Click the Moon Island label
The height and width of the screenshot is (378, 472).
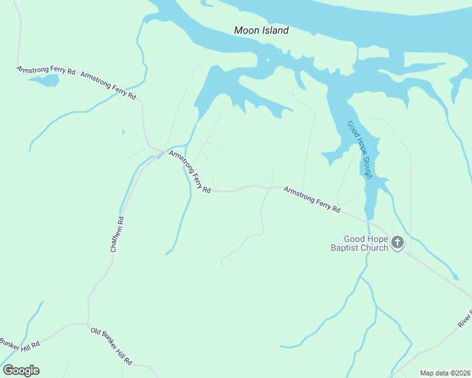click(261, 30)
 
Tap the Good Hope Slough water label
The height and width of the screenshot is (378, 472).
click(360, 150)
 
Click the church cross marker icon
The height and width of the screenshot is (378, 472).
click(398, 242)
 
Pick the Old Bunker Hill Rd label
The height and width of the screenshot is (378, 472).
click(111, 346)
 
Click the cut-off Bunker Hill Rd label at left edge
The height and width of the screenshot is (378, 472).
click(19, 344)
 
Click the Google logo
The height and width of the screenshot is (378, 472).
click(21, 370)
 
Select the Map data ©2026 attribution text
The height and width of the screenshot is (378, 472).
click(445, 373)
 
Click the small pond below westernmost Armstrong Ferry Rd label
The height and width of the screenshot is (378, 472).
click(44, 81)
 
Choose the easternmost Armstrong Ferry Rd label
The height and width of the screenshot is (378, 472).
click(312, 199)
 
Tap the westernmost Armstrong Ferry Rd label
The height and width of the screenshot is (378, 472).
click(45, 71)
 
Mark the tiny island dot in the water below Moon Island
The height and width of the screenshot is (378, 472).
click(268, 60)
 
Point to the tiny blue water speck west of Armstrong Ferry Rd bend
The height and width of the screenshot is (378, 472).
click(123, 132)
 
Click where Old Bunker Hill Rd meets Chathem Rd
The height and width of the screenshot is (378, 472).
click(88, 324)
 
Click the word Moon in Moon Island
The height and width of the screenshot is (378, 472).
click(245, 30)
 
